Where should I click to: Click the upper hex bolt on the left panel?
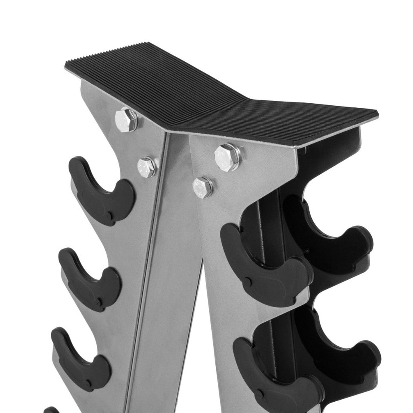point(126,119)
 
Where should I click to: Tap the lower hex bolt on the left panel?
point(147,167)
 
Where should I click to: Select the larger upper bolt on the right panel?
point(227,157)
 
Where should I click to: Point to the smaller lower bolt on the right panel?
point(202,187)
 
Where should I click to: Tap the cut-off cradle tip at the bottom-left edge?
point(51,410)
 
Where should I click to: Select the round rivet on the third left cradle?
point(88,380)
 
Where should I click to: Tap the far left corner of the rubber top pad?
point(67,65)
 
